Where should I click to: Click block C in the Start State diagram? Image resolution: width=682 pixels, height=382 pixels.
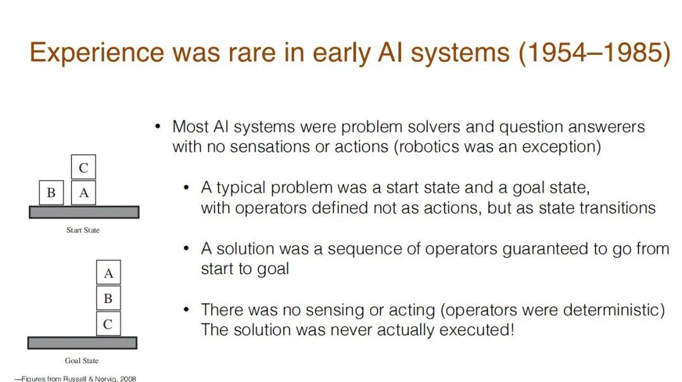click(83, 167)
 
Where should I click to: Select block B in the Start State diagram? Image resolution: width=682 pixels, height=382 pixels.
click(51, 193)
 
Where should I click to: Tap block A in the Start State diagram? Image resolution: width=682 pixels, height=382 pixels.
click(83, 193)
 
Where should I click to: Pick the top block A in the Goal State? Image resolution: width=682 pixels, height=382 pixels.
click(109, 272)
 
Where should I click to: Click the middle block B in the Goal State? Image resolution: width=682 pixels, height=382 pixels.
click(109, 298)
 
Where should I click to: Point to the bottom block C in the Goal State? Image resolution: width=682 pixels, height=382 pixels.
click(109, 324)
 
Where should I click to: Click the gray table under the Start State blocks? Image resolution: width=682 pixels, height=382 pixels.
click(84, 212)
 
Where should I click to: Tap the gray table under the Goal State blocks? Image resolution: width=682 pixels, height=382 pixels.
click(82, 343)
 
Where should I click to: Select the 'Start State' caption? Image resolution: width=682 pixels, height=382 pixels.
click(83, 230)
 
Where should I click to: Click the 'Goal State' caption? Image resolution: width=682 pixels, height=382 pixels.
click(81, 361)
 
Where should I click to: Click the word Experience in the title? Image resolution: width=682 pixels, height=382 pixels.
click(97, 53)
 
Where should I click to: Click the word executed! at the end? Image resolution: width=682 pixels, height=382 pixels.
click(477, 330)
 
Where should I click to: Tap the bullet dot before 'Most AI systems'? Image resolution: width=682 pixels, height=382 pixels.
click(158, 127)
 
